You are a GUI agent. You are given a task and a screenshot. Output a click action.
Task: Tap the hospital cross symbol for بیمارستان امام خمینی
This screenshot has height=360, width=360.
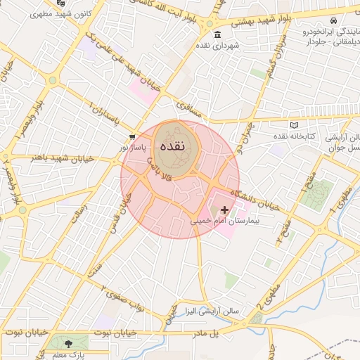[x=225, y=210]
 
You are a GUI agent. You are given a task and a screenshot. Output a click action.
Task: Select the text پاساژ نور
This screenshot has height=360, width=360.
[x=132, y=148]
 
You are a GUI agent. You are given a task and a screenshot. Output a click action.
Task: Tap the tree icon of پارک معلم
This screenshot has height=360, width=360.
[x=68, y=344]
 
